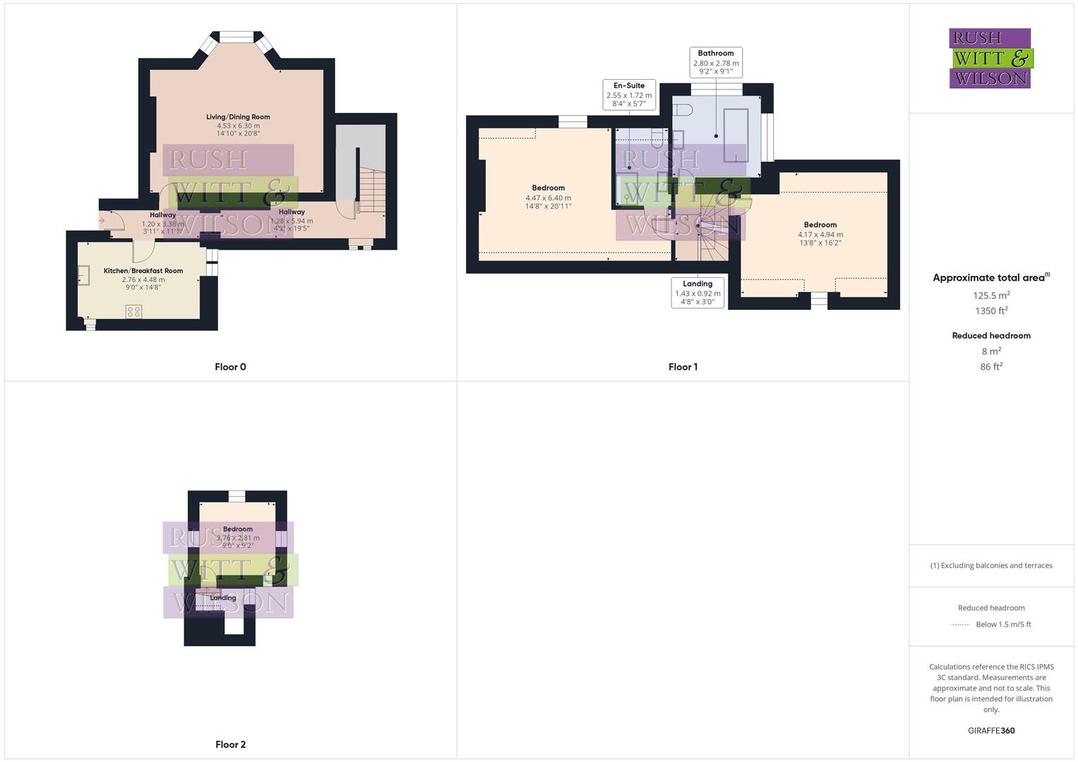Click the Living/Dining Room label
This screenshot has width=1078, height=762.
pos(238,117)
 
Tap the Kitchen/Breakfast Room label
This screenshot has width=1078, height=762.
pos(143,271)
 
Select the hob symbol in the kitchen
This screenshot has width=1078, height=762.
pos(133,311)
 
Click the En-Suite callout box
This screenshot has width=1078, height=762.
pos(629,95)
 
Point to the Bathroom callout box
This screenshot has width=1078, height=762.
pos(716,62)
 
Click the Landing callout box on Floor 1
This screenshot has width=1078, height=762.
pos(697,292)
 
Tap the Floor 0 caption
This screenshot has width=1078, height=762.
pos(230,367)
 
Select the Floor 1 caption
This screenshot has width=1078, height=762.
pos(683,367)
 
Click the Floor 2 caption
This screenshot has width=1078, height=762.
pos(230,744)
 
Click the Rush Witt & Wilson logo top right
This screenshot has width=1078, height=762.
pos(990,58)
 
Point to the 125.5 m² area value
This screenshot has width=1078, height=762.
pos(991,295)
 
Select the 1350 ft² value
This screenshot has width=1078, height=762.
pos(991,310)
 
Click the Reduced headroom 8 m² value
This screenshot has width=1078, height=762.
pos(991,351)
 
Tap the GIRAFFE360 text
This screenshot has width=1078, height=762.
pos(991,730)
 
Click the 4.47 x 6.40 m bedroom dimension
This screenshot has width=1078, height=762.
pos(549,198)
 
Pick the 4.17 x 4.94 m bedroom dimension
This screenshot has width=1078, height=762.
pos(820,235)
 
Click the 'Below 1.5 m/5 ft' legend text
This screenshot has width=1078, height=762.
pos(1003,624)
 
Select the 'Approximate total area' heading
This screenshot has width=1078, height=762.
pos(988,278)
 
